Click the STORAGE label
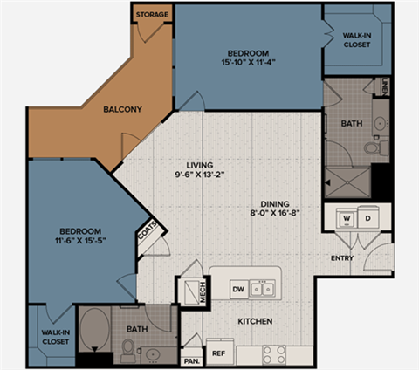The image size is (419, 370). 152,14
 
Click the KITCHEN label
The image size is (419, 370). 254,322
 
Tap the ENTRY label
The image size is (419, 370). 341,258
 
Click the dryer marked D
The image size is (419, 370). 368,217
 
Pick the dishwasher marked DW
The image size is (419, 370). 237,288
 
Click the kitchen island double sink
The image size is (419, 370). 263,288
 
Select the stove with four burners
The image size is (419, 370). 274,353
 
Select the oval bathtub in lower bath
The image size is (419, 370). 93,331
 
